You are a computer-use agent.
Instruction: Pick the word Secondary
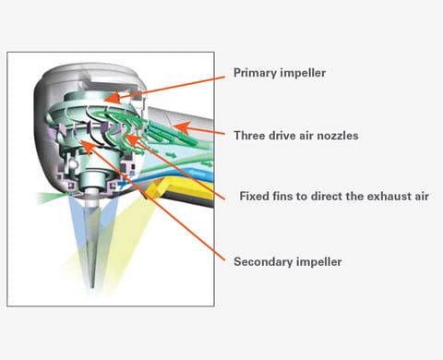(x=262, y=261)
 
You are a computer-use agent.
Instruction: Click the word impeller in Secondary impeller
(x=318, y=261)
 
